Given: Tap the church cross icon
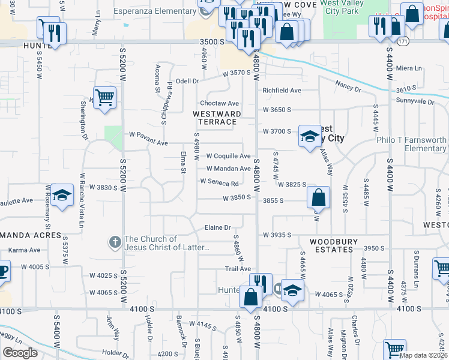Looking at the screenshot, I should (x=115, y=242).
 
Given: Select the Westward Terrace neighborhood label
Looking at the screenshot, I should (x=217, y=118).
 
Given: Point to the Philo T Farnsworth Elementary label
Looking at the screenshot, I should (x=412, y=144).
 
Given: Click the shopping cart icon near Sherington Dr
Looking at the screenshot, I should (x=104, y=97).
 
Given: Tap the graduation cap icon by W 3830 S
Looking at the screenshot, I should (x=61, y=196).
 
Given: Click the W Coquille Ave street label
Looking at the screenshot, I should (x=228, y=156).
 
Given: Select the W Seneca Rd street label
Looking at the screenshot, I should (x=220, y=182).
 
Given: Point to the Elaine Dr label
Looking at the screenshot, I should (x=218, y=228).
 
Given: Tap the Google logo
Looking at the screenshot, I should (x=20, y=353).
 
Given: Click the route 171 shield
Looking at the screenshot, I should (x=403, y=41).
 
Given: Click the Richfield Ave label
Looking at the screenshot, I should (x=282, y=91).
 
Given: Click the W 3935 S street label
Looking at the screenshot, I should (x=277, y=235).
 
